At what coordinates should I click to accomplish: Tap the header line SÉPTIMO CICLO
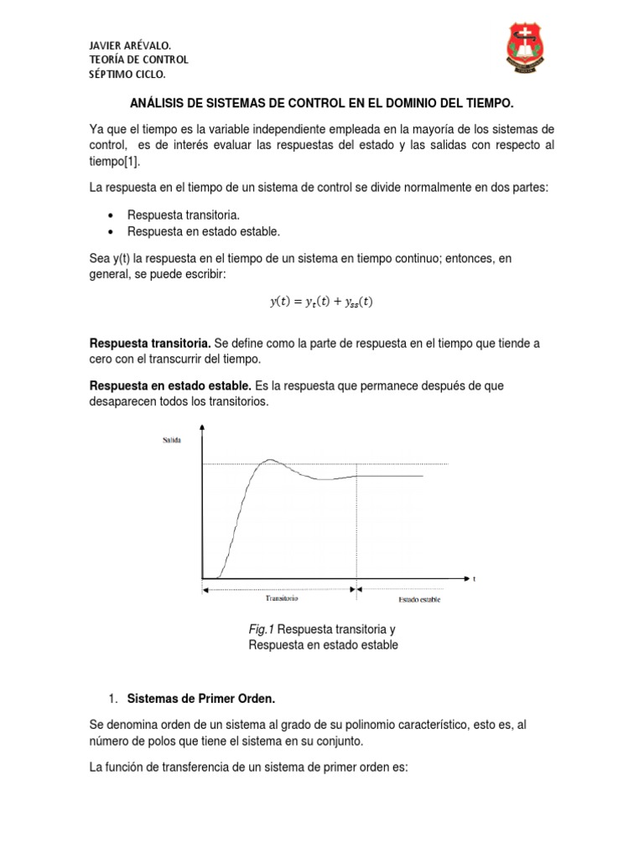point(127,75)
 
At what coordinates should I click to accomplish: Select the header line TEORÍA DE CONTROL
point(138,59)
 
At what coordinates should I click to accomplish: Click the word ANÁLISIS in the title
point(161,102)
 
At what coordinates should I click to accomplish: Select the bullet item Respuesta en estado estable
point(202,230)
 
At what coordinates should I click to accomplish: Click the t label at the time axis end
point(474,578)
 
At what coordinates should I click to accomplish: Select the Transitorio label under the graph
point(282,599)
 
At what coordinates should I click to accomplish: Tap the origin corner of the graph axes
point(202,577)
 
